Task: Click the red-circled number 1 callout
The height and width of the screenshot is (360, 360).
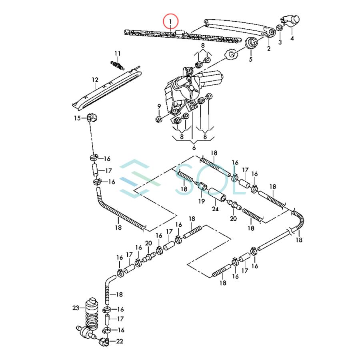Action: tap(171, 20)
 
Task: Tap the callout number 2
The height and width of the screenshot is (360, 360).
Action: tap(268, 48)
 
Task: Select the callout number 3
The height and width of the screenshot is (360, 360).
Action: tap(280, 42)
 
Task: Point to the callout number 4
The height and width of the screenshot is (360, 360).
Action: tap(292, 38)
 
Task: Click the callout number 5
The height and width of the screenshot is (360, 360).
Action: tap(251, 60)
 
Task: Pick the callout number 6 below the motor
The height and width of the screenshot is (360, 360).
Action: tap(194, 148)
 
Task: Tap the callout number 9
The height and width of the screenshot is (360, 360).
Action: tap(159, 106)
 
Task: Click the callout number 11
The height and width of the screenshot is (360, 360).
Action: tap(117, 54)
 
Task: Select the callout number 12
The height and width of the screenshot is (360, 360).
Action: tap(95, 80)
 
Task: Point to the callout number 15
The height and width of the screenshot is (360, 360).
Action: tap(77, 118)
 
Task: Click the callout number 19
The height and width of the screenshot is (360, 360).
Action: tap(202, 201)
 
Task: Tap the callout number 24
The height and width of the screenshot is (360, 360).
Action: tap(216, 209)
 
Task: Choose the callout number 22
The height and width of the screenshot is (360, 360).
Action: tap(120, 341)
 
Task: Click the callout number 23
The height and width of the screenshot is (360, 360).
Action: tap(76, 308)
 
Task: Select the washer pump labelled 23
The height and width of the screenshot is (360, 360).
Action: tap(91, 314)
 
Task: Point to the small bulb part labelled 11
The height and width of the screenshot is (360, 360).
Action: tap(117, 64)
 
